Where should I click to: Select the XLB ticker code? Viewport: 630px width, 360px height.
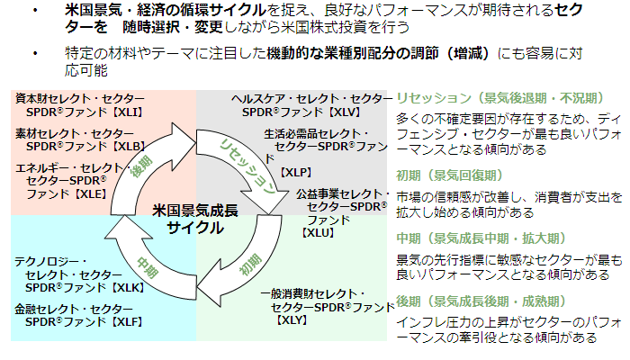pos(129,146)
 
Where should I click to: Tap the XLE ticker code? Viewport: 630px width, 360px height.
pos(89,193)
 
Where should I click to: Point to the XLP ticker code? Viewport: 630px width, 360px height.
pos(295,171)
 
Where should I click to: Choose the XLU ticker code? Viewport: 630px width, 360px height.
pos(319,232)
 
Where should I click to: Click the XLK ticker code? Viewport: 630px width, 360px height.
pos(128,288)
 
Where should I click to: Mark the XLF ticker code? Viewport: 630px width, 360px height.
pos(128,321)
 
